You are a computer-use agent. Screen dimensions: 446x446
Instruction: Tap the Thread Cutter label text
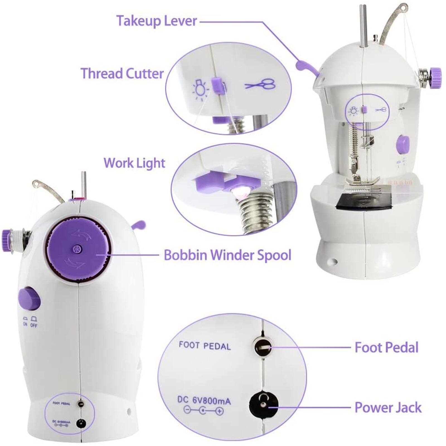pos(122,74)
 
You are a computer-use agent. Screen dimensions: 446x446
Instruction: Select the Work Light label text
pos(134,163)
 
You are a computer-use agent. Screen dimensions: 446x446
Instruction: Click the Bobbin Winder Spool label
pos(227,255)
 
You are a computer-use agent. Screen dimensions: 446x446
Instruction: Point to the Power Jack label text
pos(388,408)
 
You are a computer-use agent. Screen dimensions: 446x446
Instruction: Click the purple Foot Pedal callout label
pos(386,348)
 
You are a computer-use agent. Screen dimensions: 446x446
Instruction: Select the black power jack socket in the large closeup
pos(263,406)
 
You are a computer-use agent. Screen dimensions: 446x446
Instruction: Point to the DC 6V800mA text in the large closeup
pos(204,401)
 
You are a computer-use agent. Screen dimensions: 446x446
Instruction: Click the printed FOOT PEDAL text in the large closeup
pos(205,346)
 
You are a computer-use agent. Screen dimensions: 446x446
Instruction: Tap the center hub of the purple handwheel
pos(76,249)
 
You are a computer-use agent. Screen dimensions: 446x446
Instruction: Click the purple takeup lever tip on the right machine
pos(301,66)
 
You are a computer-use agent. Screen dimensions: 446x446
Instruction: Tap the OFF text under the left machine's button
pos(34,325)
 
